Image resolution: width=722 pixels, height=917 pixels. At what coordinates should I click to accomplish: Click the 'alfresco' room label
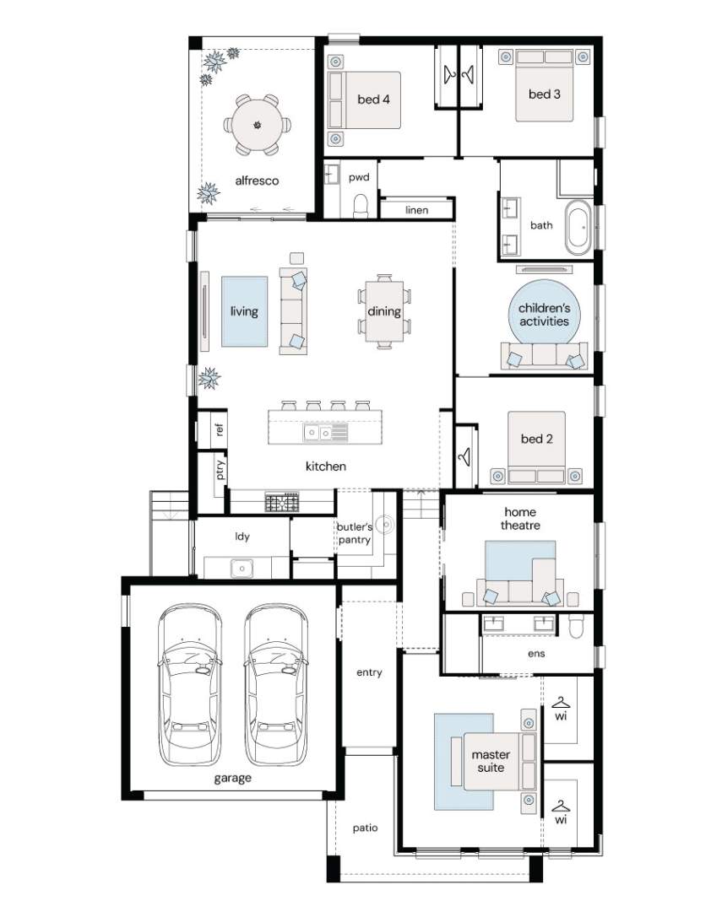pyautogui.click(x=257, y=181)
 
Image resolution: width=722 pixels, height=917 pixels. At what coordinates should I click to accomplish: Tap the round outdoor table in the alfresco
pyautogui.click(x=257, y=125)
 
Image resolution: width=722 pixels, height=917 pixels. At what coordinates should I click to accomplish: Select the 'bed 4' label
pyautogui.click(x=373, y=100)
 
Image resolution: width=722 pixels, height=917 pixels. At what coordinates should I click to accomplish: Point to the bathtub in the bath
pyautogui.click(x=578, y=228)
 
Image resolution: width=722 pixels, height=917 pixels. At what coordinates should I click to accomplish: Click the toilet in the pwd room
pyautogui.click(x=360, y=206)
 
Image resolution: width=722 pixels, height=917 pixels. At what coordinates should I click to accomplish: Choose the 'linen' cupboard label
pyautogui.click(x=416, y=210)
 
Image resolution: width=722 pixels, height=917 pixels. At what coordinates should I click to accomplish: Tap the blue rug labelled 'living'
pyautogui.click(x=244, y=311)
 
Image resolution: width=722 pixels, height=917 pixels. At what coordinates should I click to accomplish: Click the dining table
pyautogui.click(x=384, y=311)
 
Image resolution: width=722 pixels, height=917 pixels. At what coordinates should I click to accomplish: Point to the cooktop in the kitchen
pyautogui.click(x=282, y=502)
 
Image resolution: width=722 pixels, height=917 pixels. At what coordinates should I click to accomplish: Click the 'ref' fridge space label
pyautogui.click(x=220, y=430)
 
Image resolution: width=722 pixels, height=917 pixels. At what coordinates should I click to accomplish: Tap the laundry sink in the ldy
pyautogui.click(x=242, y=567)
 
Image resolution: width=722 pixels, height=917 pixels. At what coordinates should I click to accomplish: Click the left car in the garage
pyautogui.click(x=190, y=684)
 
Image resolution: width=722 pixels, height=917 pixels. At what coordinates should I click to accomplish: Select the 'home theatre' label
pyautogui.click(x=520, y=519)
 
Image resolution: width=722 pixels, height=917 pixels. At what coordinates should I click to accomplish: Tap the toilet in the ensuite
pyautogui.click(x=576, y=625)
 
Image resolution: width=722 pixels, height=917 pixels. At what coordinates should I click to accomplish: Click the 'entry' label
pyautogui.click(x=369, y=672)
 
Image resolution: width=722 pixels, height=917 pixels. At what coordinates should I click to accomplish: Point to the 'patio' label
pyautogui.click(x=365, y=828)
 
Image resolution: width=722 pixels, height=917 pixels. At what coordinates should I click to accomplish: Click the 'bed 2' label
pyautogui.click(x=536, y=439)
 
